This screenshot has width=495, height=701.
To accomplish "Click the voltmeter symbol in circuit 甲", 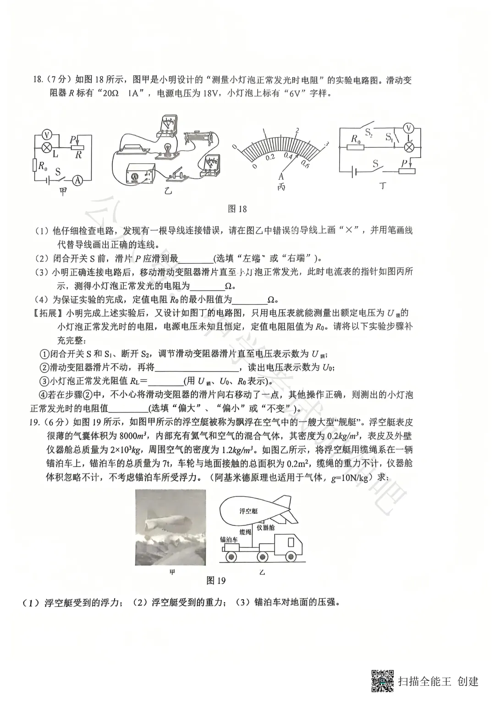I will tap(46, 134).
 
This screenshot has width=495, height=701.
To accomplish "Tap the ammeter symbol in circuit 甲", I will tap(78, 181).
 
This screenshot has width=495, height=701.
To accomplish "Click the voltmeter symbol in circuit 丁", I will tap(411, 128).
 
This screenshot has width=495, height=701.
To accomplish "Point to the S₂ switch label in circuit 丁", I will tap(369, 133).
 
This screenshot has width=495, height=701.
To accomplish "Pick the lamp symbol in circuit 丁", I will tap(411, 147).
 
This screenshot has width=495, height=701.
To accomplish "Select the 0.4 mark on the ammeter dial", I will tap(288, 157).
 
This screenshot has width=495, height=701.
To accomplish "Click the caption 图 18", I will tap(237, 209).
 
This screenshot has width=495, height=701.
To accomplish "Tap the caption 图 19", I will tap(216, 580).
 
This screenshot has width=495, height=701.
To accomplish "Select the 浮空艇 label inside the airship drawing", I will tap(248, 511).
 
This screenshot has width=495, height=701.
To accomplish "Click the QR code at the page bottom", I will tap(382, 681).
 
